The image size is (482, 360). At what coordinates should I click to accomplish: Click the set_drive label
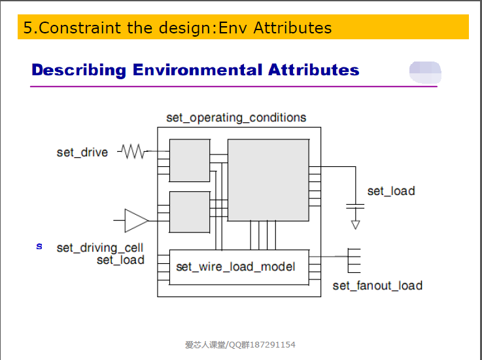[x=82, y=153]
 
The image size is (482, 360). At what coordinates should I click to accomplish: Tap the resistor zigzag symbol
[x=133, y=151]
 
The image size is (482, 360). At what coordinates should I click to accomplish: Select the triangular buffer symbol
[x=136, y=221]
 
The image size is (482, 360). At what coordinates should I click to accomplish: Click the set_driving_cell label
[x=100, y=247]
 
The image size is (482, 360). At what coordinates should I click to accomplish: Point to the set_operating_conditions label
[x=236, y=118]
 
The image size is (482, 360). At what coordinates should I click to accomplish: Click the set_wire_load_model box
[x=239, y=267]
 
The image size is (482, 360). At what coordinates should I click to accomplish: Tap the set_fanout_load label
[x=377, y=285]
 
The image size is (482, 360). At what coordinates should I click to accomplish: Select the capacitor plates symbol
[x=355, y=206]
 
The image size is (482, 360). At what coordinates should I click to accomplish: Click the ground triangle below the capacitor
[x=356, y=225]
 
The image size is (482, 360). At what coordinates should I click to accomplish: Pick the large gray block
[x=268, y=180]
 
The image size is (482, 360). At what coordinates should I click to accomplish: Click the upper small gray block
[x=190, y=160]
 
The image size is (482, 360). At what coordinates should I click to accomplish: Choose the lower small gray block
[x=190, y=212]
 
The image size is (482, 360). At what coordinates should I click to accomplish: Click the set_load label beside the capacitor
[x=391, y=191]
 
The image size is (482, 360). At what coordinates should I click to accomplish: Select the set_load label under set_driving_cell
[x=120, y=260]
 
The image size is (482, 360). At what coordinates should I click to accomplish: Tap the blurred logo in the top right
[x=425, y=72]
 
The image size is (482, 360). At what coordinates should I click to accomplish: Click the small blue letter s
[x=39, y=247]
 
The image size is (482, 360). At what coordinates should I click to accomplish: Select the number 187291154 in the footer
[x=273, y=344]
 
